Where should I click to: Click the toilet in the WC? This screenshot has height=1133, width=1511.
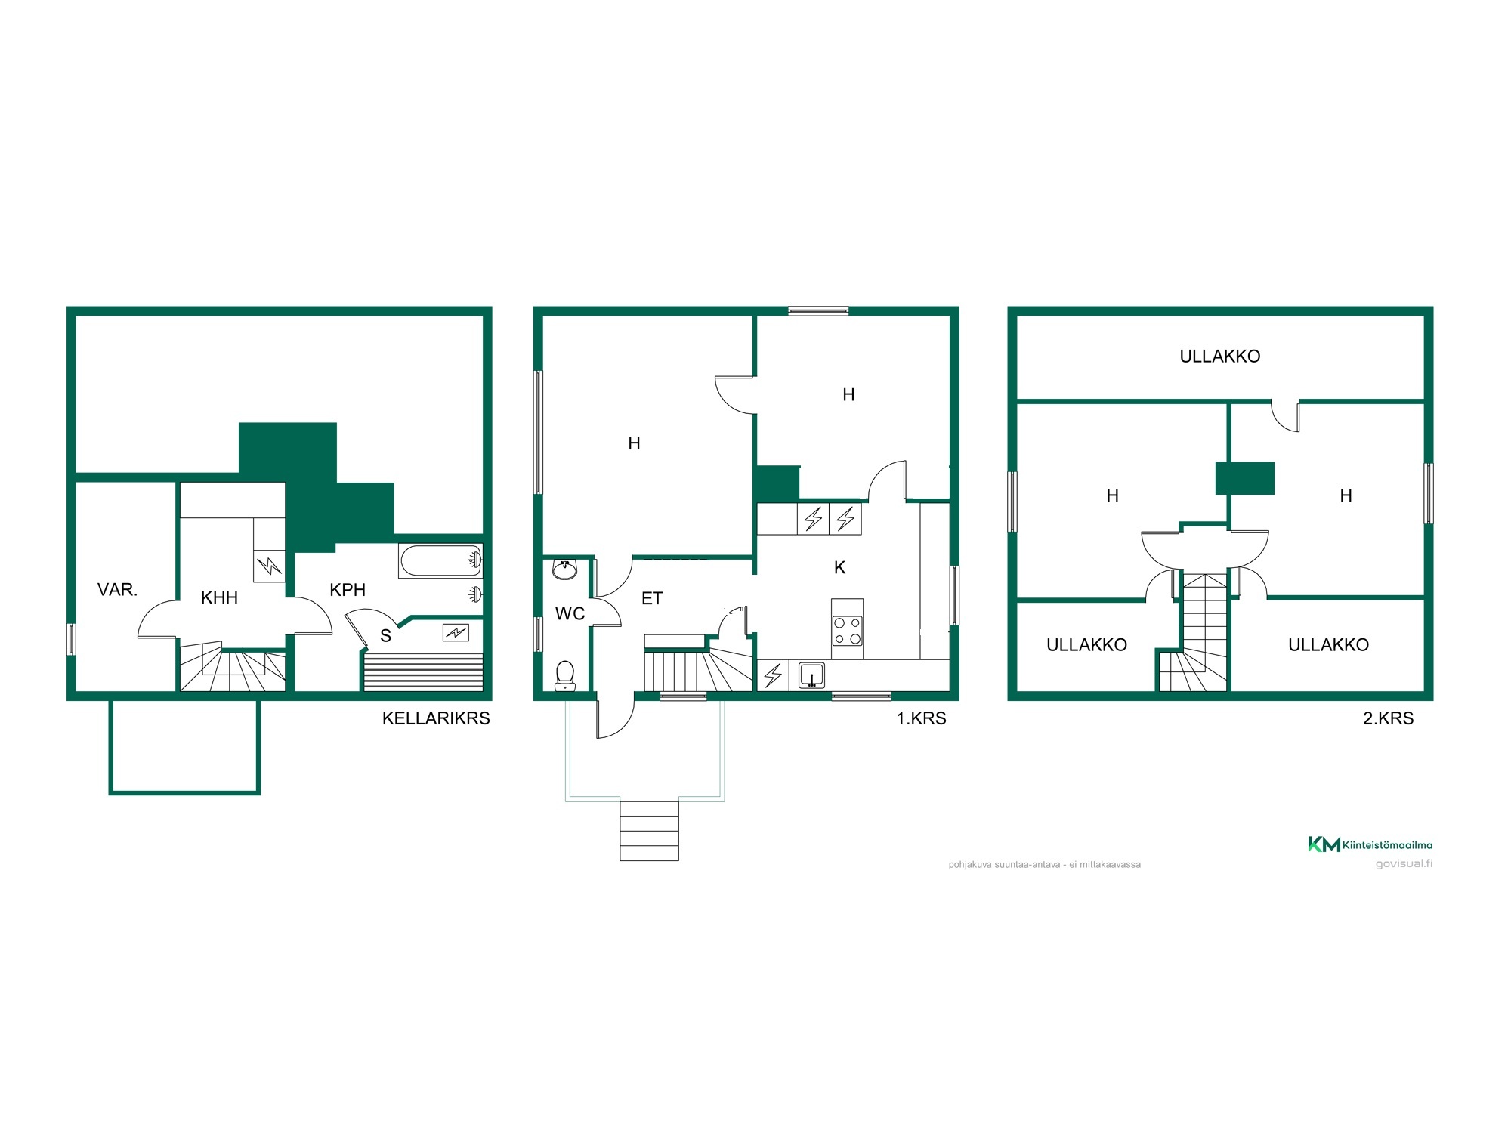(x=564, y=676)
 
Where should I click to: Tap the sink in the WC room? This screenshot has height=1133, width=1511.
(x=564, y=568)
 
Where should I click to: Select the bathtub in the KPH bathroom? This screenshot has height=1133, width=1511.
(x=440, y=561)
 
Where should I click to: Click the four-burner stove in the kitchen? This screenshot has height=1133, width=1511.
(x=847, y=628)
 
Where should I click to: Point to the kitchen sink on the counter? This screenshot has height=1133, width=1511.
(x=811, y=675)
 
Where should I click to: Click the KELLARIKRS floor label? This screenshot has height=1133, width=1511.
(x=436, y=718)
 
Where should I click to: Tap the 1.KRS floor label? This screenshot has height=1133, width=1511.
(x=921, y=718)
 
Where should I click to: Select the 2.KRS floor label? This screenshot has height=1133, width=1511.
(x=1388, y=718)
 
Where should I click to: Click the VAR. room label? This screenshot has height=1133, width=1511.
(x=117, y=590)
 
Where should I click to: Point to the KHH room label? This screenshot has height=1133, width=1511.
(x=219, y=598)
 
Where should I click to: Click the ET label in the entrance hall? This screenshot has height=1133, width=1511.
(x=651, y=599)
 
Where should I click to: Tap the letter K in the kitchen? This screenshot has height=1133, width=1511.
(x=839, y=568)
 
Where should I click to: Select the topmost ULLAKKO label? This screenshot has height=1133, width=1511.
(x=1219, y=357)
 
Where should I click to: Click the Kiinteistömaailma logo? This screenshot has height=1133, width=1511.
(x=1370, y=844)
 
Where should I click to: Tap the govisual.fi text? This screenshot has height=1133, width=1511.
(x=1404, y=864)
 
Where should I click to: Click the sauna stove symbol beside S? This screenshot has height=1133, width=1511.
(x=456, y=632)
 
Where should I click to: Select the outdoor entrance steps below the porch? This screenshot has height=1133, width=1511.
(x=649, y=830)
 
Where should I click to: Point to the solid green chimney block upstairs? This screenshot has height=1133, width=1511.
(x=1244, y=478)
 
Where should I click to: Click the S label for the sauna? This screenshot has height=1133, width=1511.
(x=385, y=636)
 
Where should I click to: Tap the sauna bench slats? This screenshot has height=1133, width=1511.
(x=423, y=672)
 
